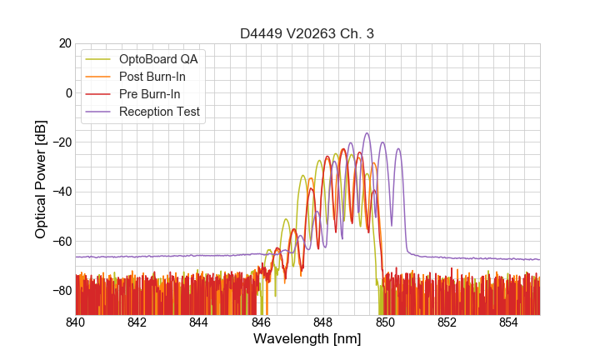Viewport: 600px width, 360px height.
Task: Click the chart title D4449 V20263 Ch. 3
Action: coord(307,33)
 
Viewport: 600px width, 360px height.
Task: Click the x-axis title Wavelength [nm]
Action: coord(307,339)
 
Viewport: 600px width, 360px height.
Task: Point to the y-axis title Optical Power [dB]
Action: coord(41,179)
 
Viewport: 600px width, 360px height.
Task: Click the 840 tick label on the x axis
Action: coord(76,322)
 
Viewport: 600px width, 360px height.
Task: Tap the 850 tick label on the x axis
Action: coord(385,322)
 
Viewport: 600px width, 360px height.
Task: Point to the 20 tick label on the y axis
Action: coord(65,43)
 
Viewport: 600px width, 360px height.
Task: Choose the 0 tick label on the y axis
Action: coord(68,92)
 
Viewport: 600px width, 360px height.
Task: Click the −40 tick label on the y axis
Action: coord(62,192)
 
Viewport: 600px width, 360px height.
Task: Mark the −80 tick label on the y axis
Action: coord(62,291)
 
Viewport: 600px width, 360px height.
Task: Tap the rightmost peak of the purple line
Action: coord(398,149)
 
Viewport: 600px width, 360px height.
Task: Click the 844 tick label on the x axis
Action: coord(199,322)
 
